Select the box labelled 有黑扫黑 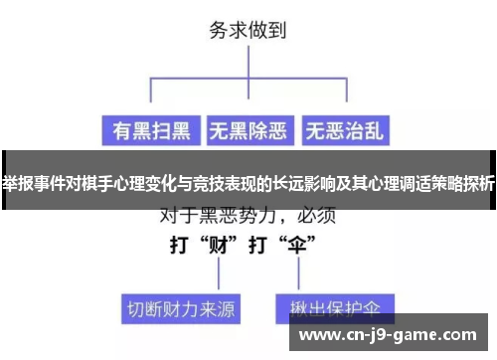(x=149, y=129)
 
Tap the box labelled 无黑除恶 (x=248, y=129)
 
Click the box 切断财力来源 (x=182, y=308)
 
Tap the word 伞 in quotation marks (x=298, y=245)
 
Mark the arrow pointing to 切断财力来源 (x=182, y=278)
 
